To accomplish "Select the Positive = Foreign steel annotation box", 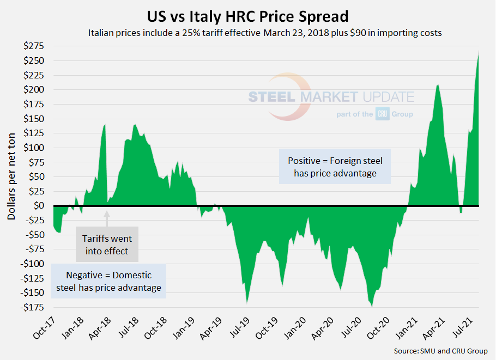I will (335, 167).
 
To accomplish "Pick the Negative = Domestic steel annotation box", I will (108, 281).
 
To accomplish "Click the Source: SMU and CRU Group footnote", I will (440, 351).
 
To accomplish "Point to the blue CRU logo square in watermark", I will (382, 114).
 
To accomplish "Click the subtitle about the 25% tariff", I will (264, 33).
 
